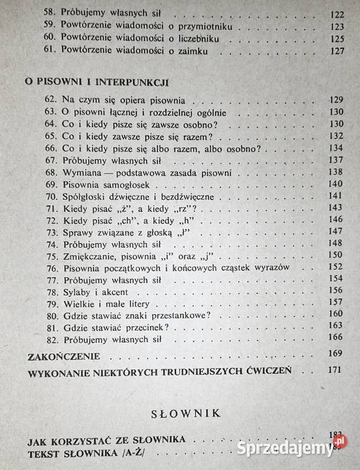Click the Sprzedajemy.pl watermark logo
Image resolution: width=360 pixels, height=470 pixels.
[307, 448]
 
